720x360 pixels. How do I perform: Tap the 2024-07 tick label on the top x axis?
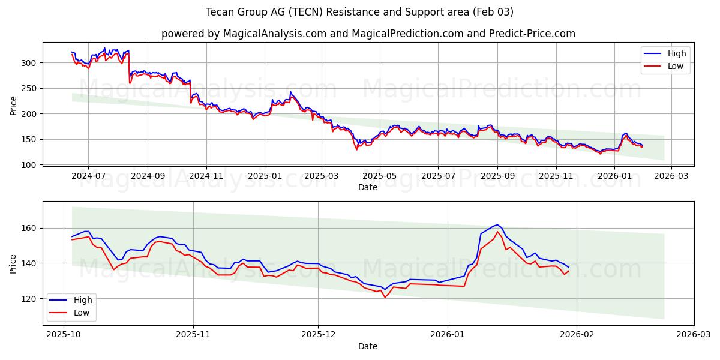click(88, 176)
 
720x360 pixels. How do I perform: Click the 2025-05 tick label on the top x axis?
click(380, 176)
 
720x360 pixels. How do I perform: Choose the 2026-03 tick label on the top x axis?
click(671, 176)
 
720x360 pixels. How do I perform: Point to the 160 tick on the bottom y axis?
click(31, 229)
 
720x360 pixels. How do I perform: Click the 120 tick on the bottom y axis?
click(31, 299)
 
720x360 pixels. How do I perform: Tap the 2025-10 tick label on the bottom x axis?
click(64, 335)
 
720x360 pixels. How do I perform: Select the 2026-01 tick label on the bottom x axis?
click(448, 335)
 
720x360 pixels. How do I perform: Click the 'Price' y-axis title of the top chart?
click(13, 104)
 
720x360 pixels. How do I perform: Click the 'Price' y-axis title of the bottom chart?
click(13, 263)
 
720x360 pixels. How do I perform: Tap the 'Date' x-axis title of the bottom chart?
click(368, 346)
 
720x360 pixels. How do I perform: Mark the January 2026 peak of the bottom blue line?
click(497, 224)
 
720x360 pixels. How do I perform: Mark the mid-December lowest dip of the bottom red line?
click(385, 297)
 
